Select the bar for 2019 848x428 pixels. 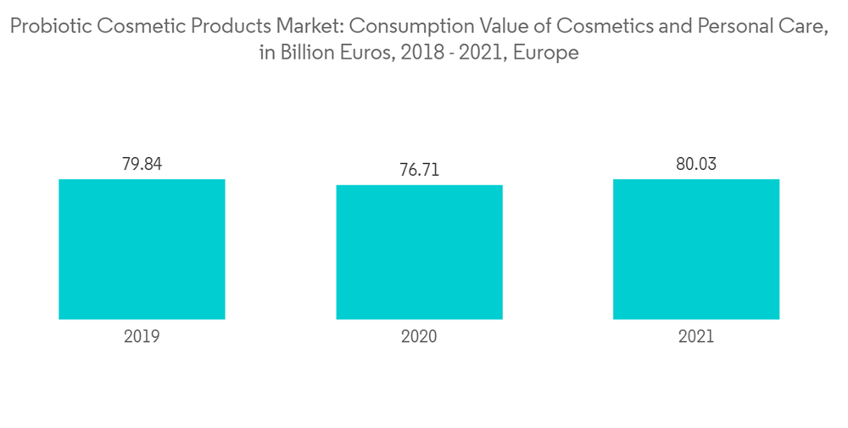(142, 249)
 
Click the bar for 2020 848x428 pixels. (419, 252)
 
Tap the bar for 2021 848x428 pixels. (696, 249)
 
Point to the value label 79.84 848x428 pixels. (142, 164)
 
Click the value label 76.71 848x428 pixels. (419, 170)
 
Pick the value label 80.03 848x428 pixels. (696, 164)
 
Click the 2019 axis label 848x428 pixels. (142, 336)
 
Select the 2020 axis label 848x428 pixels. (419, 336)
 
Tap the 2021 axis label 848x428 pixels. (696, 336)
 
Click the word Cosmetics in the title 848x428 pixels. (597, 27)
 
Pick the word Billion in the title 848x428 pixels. (312, 53)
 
